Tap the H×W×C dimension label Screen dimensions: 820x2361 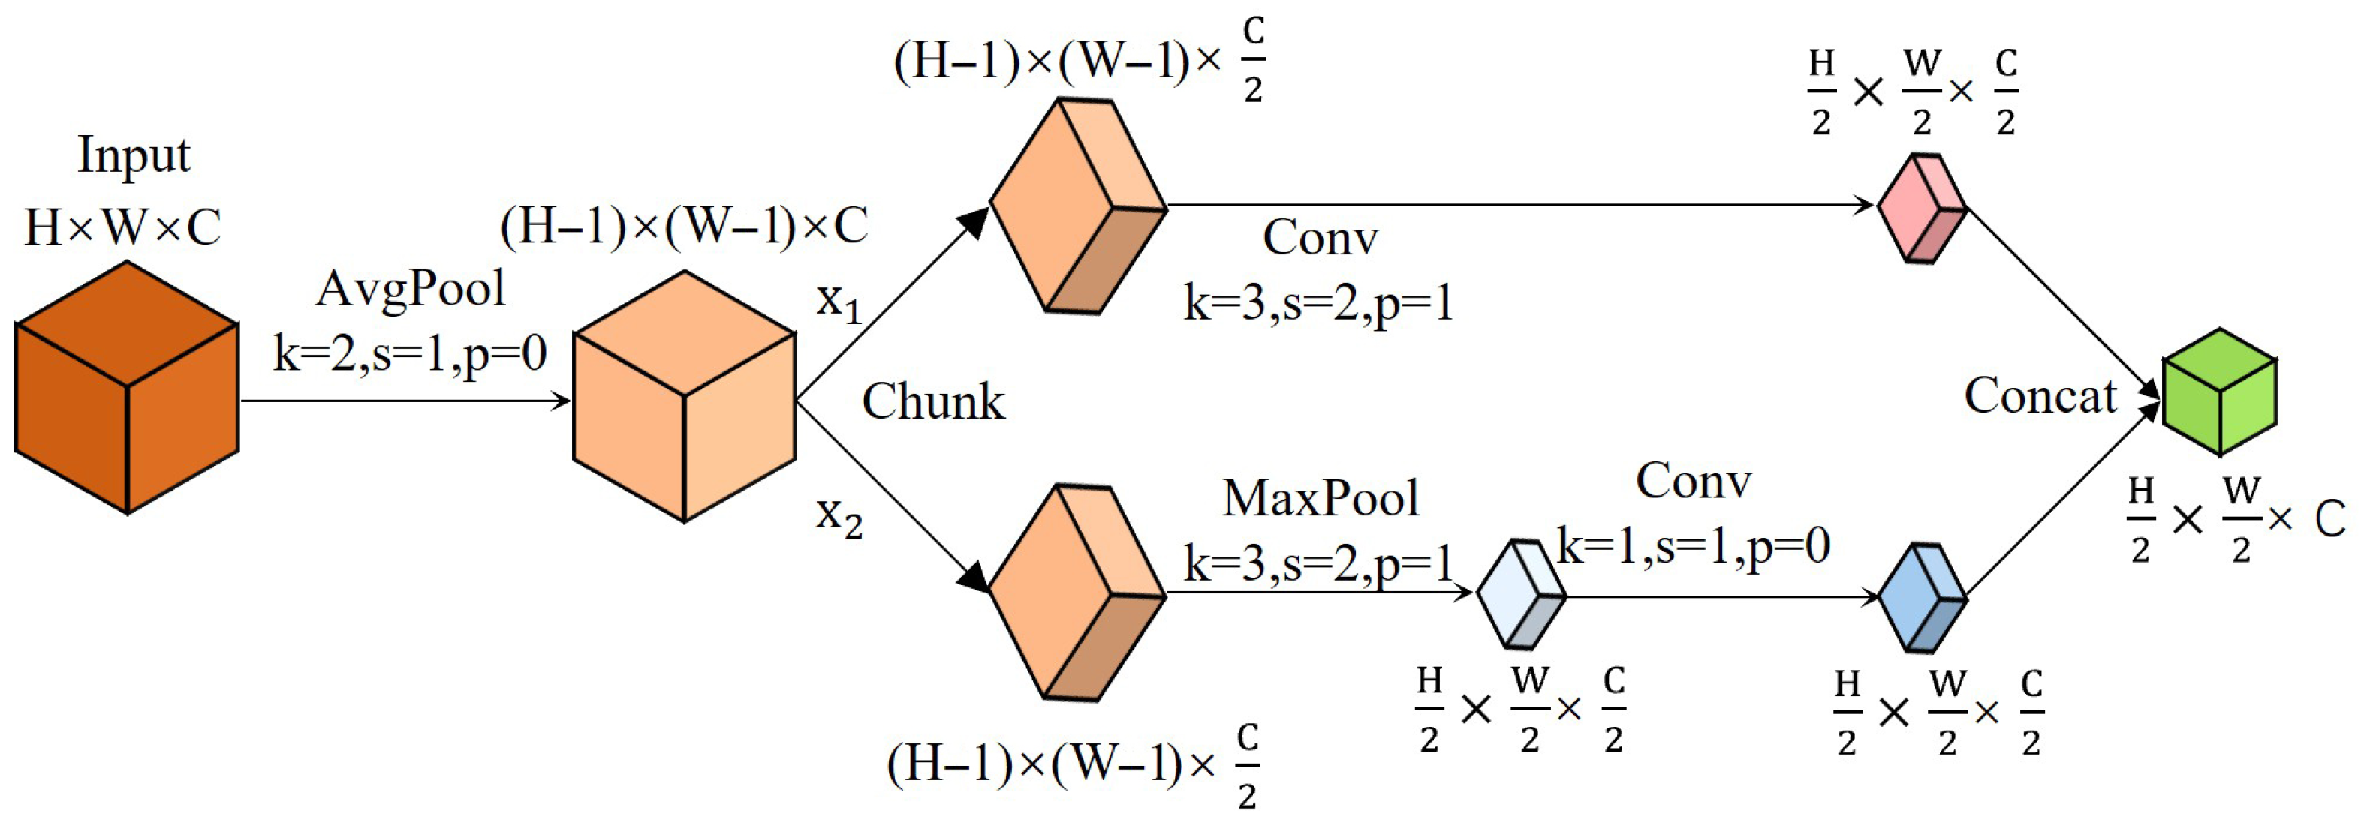pyautogui.click(x=123, y=227)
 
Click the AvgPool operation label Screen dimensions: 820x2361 pyautogui.click(x=410, y=290)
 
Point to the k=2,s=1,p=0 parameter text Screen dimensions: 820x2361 pyautogui.click(x=410, y=353)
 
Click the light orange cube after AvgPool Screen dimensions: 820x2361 pyautogui.click(x=684, y=396)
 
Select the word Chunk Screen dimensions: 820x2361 pyautogui.click(x=933, y=401)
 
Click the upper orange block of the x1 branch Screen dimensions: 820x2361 pyautogui.click(x=1077, y=206)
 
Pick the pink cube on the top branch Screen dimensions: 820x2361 pyautogui.click(x=1922, y=209)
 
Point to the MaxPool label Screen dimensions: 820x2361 pyautogui.click(x=1320, y=500)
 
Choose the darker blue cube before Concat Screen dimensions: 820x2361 pyautogui.click(x=1922, y=597)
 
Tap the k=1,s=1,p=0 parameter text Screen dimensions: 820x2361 pyautogui.click(x=1693, y=547)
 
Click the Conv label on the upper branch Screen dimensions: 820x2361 pyautogui.click(x=1320, y=239)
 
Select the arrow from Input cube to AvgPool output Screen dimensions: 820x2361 pyautogui.click(x=403, y=401)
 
